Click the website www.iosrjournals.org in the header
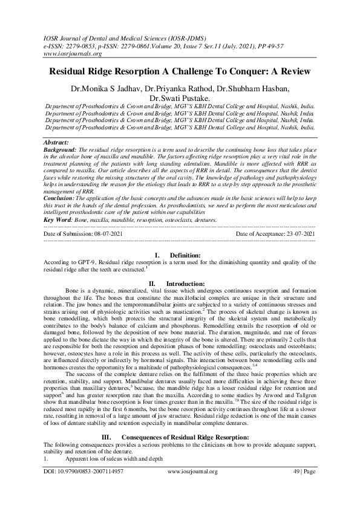tap(71, 53)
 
